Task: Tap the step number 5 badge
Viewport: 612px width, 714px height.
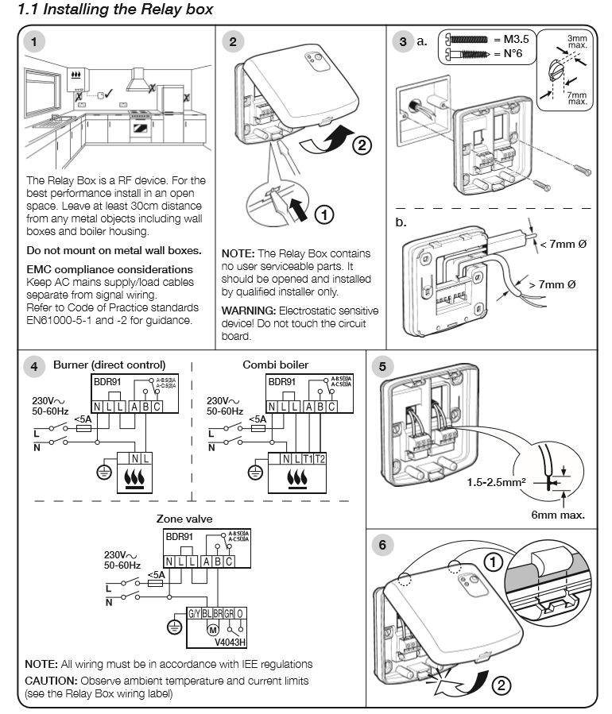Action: click(384, 367)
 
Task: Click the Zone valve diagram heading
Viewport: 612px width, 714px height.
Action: click(184, 519)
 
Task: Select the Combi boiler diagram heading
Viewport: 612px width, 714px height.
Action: click(276, 365)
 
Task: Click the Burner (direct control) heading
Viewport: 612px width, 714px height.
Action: click(110, 365)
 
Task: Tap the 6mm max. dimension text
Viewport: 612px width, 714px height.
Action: click(557, 515)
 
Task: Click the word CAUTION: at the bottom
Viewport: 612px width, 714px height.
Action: click(52, 681)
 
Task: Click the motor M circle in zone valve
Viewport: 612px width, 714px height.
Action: click(211, 629)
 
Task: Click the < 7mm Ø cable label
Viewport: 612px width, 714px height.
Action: click(563, 243)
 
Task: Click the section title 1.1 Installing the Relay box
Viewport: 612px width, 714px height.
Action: click(115, 10)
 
